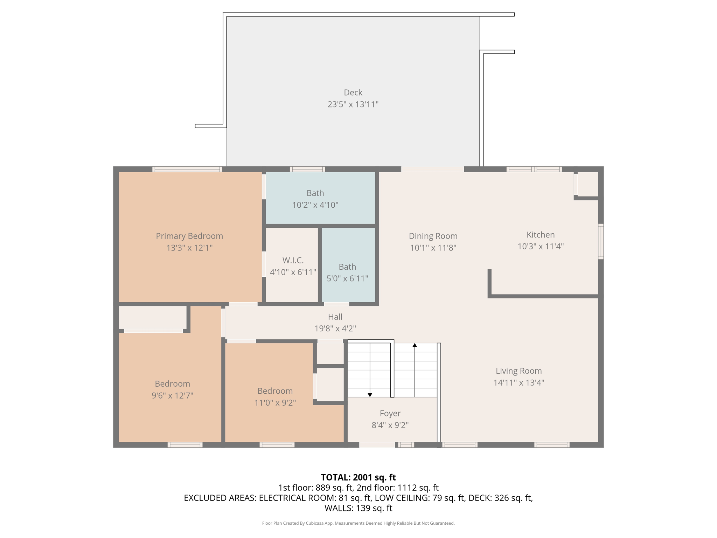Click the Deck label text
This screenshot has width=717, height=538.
tap(353, 92)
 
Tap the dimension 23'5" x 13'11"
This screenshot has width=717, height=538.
tap(353, 104)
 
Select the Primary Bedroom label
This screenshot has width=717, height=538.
tap(189, 236)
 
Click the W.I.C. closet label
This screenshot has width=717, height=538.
tap(293, 260)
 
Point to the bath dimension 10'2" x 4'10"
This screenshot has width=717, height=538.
tap(315, 205)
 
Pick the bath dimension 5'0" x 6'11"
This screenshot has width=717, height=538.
tap(347, 278)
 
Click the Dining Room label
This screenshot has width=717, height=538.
tap(433, 236)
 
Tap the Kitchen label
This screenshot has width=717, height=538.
tap(541, 235)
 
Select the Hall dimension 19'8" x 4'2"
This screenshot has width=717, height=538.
tap(335, 329)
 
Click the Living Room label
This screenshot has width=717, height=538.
tap(518, 371)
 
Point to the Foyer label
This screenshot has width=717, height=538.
tap(390, 413)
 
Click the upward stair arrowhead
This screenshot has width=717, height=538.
tap(415, 345)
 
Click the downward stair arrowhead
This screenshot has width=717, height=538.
tap(370, 395)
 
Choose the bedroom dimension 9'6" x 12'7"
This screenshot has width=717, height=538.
tap(172, 396)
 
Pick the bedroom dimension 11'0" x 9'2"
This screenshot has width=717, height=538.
tap(275, 403)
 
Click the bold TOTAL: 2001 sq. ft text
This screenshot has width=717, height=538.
tap(358, 477)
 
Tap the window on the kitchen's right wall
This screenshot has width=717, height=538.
tap(601, 242)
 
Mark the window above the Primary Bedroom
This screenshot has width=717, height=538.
tap(187, 169)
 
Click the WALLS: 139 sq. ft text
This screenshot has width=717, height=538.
tap(358, 508)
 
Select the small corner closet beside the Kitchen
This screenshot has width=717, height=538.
tap(587, 184)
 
